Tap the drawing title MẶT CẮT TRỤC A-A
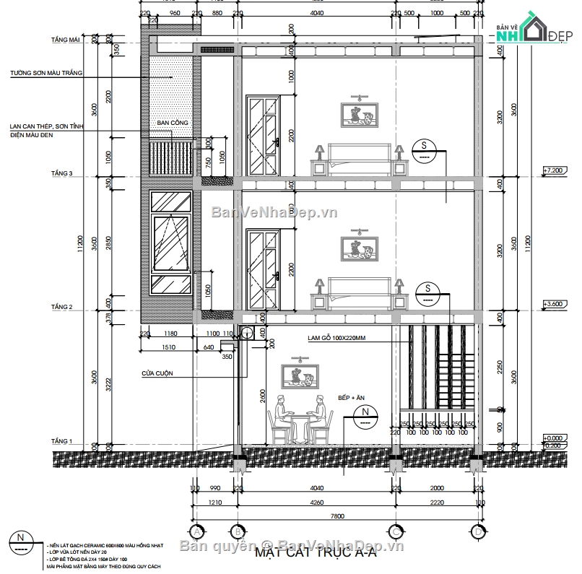(316, 555)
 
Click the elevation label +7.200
(555, 170)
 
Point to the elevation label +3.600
(555, 304)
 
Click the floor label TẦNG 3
(61, 173)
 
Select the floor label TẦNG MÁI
(65, 40)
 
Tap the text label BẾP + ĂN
(351, 398)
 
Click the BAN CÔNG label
(173, 123)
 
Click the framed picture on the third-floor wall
(357, 114)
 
